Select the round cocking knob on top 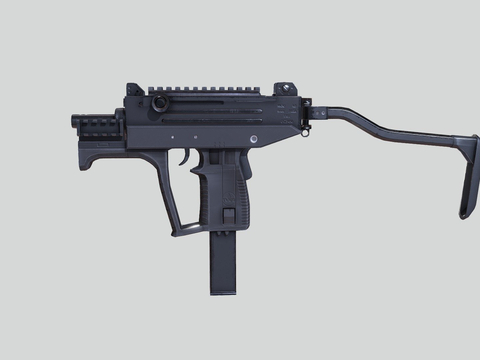159,104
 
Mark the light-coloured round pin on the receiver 253,138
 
